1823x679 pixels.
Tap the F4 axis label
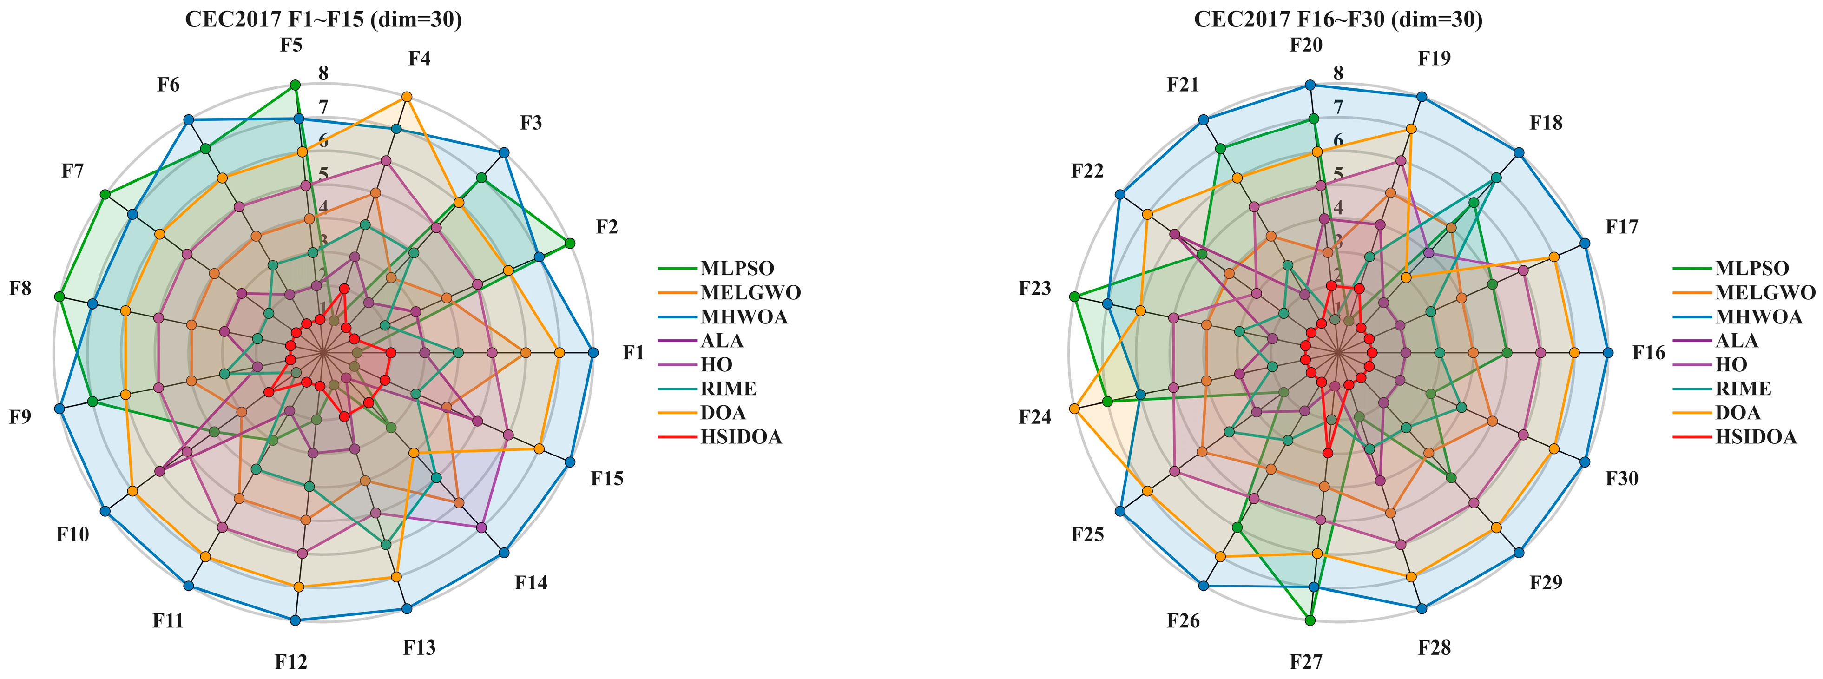(419, 59)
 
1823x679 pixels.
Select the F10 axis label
(73, 534)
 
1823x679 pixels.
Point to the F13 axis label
(419, 647)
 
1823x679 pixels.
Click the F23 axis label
(1034, 288)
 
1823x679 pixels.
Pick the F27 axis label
(1306, 662)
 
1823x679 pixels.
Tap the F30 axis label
(1621, 479)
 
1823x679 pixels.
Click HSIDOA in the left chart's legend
(741, 437)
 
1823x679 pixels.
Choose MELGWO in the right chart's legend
(1765, 292)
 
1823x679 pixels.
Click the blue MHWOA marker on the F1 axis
(593, 353)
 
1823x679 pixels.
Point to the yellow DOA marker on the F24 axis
(1074, 409)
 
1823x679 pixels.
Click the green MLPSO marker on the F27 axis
(1310, 620)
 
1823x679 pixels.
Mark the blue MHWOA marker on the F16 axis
(1608, 353)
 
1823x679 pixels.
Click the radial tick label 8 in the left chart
(323, 73)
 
